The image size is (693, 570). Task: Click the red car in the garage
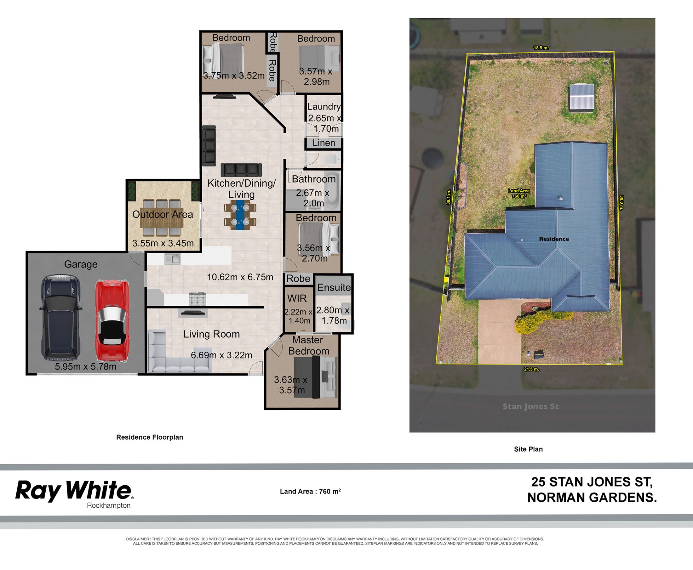(x=112, y=321)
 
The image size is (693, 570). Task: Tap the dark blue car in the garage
(x=60, y=318)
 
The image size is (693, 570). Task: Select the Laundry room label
(x=324, y=107)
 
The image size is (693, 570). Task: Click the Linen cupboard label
(x=324, y=143)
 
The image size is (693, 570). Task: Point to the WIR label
(x=297, y=298)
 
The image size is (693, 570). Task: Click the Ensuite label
(x=334, y=287)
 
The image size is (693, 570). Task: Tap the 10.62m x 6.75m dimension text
(x=240, y=277)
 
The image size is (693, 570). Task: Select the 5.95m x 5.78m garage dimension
(x=85, y=366)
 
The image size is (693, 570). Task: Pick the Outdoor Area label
(x=162, y=214)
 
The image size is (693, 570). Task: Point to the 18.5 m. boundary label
(x=541, y=48)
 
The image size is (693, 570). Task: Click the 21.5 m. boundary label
(x=531, y=369)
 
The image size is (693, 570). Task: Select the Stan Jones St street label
(x=530, y=406)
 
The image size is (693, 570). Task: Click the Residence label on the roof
(x=554, y=239)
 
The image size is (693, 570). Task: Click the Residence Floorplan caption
(x=150, y=437)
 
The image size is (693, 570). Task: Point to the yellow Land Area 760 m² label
(x=519, y=193)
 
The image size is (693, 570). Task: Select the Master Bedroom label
(x=308, y=345)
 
